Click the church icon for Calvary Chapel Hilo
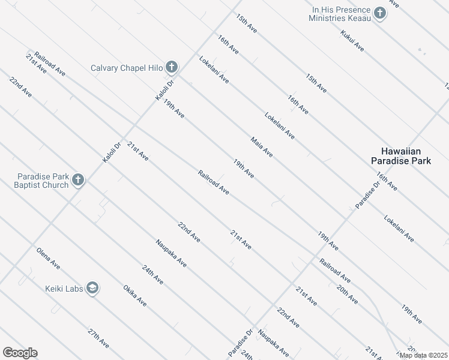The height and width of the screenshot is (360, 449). tap(171, 67)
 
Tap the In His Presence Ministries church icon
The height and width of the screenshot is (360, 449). tap(379, 13)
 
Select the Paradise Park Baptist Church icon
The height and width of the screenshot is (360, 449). tap(77, 179)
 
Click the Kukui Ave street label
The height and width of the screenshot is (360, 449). tap(352, 40)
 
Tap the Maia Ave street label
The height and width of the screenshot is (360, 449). tap(262, 147)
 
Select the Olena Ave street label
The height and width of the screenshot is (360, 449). tap(48, 258)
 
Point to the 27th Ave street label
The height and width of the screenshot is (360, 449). tap(98, 338)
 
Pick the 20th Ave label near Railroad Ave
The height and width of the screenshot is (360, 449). tap(347, 294)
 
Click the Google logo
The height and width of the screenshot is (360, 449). tap(20, 353)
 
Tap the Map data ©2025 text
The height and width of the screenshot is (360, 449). tap(423, 355)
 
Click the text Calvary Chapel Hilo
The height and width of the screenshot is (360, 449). tap(127, 68)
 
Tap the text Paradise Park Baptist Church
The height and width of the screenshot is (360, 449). tap(43, 181)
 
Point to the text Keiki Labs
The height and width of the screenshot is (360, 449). tap(63, 289)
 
